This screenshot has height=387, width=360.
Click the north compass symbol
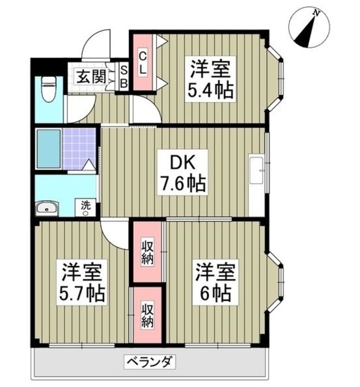pos(309,27)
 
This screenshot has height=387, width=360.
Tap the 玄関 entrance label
pos(91,76)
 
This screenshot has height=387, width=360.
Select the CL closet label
pos(142,62)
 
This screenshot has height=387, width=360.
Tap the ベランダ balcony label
pos(151,363)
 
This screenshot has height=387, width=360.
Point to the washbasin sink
pos(47,209)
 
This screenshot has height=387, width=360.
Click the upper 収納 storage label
pos(148,252)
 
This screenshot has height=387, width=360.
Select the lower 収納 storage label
pos(148,314)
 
